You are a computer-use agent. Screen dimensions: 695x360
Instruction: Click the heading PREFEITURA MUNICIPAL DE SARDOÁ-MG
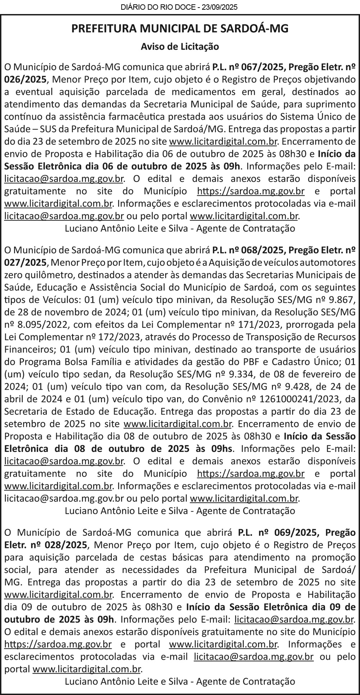pos(180,28)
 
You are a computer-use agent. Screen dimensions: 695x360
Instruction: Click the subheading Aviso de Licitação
pos(180,46)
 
